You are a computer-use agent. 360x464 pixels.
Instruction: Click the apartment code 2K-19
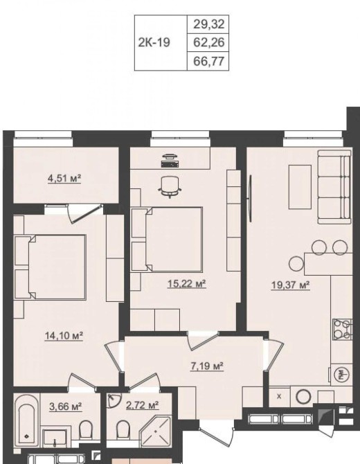pos(154,43)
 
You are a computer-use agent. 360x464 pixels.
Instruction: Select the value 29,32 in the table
pos(209,24)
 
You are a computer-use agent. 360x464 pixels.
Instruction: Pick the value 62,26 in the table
pos(209,43)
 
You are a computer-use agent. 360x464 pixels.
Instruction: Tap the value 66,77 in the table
pos(209,61)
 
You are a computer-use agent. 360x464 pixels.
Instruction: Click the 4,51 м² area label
pos(64,179)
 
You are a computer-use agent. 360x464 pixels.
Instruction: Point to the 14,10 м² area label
pos(64,336)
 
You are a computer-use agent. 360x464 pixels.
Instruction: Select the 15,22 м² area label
pos(187,284)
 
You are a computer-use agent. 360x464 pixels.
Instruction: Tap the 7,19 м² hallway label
pos(206,366)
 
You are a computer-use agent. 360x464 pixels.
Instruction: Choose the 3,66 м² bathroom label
pos(65,407)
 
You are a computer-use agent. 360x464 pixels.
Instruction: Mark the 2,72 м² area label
pos(143,405)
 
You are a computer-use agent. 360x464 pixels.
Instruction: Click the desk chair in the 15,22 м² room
pos(170,187)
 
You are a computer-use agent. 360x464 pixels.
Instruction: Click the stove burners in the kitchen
pos(343,329)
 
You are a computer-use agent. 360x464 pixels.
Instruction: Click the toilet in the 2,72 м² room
pos(123,429)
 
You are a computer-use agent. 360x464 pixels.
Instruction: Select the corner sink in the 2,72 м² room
pos(113,400)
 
